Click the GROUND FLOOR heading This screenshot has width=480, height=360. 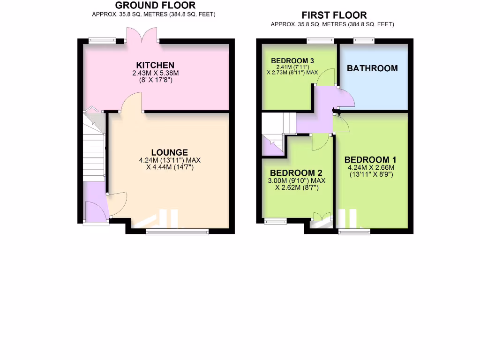(x=155, y=6)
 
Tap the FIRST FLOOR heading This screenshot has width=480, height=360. (x=334, y=15)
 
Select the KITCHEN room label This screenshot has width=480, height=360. (x=155, y=65)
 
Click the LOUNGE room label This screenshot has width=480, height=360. (x=169, y=152)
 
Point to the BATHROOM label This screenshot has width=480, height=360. (x=372, y=68)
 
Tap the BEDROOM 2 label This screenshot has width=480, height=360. (x=296, y=172)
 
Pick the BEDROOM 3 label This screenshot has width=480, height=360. (x=292, y=61)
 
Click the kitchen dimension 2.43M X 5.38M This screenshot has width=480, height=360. (x=156, y=73)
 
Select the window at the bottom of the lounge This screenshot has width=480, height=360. (x=177, y=231)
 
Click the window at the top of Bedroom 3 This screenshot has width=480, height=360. (x=320, y=40)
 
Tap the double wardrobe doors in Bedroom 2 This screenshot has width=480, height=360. (x=322, y=217)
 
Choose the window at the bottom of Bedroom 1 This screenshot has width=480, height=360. (x=354, y=231)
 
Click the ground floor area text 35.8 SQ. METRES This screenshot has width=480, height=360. (x=135, y=14)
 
